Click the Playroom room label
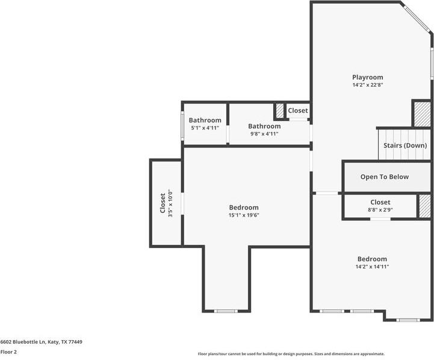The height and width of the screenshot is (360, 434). (x=367, y=94)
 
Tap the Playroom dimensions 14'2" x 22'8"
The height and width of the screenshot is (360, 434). (x=367, y=102)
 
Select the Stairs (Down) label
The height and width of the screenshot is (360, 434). (x=405, y=146)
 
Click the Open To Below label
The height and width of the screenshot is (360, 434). (x=384, y=176)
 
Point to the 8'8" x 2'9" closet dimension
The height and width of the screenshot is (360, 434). (x=380, y=210)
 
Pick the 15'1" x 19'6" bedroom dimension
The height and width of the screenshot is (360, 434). (x=243, y=216)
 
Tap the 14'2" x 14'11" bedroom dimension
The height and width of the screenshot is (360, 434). (x=371, y=267)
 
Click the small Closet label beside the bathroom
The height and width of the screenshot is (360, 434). (x=297, y=111)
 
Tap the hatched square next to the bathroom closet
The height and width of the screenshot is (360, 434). (x=279, y=111)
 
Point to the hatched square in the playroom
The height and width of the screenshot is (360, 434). (x=421, y=114)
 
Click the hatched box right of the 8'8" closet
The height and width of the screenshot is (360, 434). (x=425, y=205)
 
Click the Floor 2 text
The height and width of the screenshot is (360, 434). (x=8, y=352)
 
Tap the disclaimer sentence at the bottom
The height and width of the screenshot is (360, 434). (x=291, y=354)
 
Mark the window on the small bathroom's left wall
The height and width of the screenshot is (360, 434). (x=183, y=125)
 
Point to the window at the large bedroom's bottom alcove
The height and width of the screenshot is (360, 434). (x=226, y=311)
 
